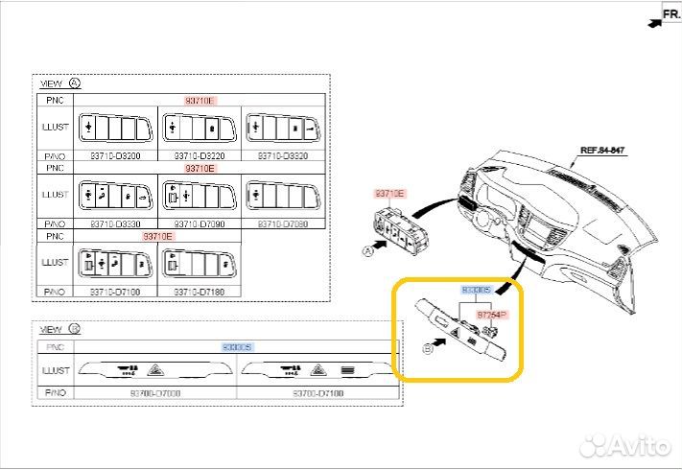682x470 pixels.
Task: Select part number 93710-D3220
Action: pyautogui.click(x=200, y=155)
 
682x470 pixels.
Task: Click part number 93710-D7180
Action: pyautogui.click(x=200, y=291)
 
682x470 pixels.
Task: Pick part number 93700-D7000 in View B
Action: pyautogui.click(x=155, y=393)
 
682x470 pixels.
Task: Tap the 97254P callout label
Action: pyautogui.click(x=492, y=315)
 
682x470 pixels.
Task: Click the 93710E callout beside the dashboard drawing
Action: pyautogui.click(x=388, y=193)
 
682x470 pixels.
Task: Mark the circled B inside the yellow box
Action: pyautogui.click(x=428, y=350)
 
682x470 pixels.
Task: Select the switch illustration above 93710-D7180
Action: pyautogui.click(x=200, y=262)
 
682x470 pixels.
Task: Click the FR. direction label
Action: pyautogui.click(x=670, y=14)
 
